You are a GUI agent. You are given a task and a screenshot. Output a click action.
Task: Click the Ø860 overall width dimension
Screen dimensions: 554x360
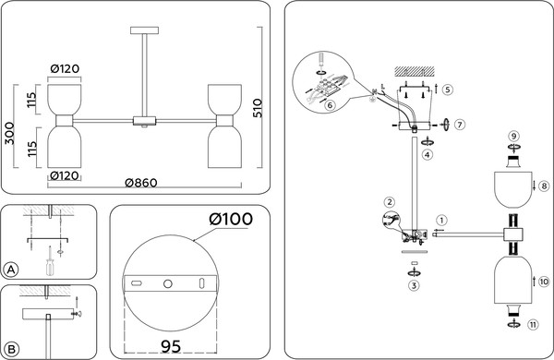(x=141, y=183)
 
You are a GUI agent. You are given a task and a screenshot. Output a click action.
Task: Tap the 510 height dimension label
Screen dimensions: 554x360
(x=258, y=108)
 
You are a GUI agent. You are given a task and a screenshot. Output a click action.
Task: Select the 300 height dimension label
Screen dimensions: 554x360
(x=9, y=133)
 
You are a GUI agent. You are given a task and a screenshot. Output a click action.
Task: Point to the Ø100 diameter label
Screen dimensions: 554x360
(x=231, y=219)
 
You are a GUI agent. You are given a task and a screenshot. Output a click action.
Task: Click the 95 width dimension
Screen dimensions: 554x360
(x=171, y=346)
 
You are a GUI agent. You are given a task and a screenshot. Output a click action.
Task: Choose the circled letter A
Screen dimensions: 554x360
(x=11, y=270)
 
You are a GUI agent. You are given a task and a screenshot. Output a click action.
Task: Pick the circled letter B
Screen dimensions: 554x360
(x=11, y=350)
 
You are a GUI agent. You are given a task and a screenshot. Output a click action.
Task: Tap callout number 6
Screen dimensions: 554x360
(x=330, y=105)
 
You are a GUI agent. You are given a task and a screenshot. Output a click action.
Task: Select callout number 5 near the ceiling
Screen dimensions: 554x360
(x=447, y=90)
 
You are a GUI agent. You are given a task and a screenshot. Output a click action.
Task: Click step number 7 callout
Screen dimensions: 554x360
(x=459, y=125)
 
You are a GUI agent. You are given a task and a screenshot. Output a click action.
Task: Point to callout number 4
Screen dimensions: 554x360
(x=428, y=154)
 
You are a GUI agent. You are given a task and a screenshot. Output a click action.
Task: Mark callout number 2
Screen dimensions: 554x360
(x=390, y=202)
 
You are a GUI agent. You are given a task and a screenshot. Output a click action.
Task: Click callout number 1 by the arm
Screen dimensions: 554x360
(x=441, y=221)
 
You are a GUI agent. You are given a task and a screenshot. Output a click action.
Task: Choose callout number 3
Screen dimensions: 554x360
(x=414, y=285)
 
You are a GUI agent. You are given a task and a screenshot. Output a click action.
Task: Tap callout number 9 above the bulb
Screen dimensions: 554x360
(x=513, y=136)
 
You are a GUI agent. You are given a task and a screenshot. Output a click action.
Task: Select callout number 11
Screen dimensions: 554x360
(x=533, y=324)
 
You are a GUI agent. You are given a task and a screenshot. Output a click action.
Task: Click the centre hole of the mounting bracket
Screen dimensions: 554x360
(x=168, y=283)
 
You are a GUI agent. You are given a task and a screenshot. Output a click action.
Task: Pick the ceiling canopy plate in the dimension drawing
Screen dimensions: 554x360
(x=144, y=30)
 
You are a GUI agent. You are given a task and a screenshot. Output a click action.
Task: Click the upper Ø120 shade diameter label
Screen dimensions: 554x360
(x=65, y=68)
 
